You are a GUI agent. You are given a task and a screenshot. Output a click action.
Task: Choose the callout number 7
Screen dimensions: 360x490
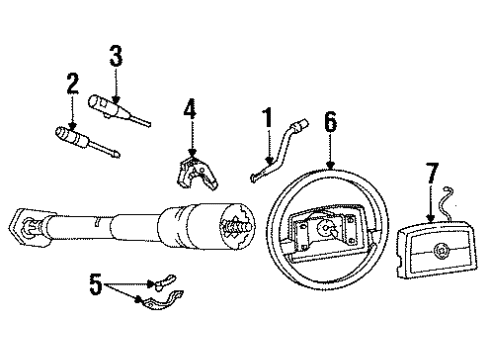tap(432, 173)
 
